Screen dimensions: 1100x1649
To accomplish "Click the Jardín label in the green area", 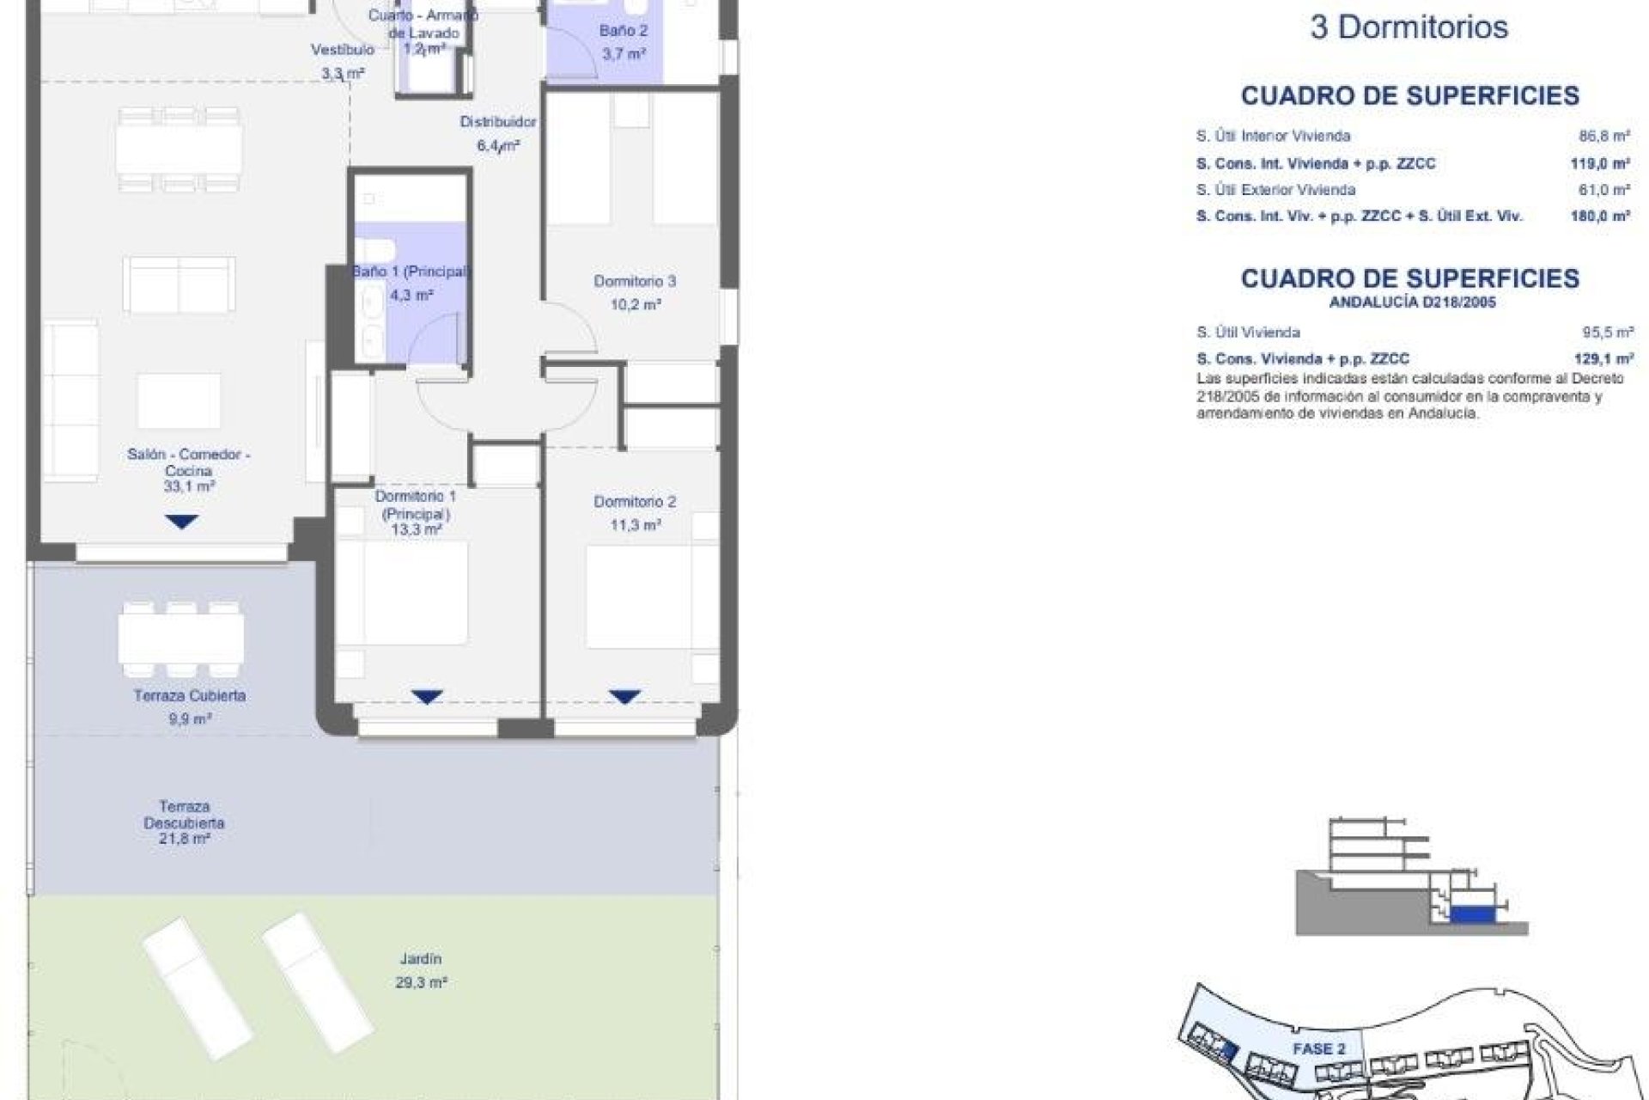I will (x=421, y=958).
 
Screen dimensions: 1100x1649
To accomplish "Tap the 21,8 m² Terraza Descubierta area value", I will (x=185, y=839).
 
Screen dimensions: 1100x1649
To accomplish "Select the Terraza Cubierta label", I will (x=189, y=695).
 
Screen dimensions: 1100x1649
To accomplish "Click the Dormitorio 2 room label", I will (x=635, y=501).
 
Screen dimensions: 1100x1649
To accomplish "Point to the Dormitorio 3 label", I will (x=635, y=281).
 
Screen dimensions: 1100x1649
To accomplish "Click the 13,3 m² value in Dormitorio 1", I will (x=417, y=530).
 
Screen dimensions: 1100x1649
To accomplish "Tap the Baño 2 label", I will (x=624, y=31).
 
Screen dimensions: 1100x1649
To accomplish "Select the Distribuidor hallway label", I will (x=498, y=122).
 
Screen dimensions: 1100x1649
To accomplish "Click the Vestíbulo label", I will (x=343, y=50).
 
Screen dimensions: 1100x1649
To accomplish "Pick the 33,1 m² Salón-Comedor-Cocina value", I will (x=189, y=486).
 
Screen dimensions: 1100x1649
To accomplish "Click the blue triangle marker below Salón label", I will (x=181, y=522).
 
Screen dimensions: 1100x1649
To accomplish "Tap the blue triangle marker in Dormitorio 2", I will (x=624, y=696).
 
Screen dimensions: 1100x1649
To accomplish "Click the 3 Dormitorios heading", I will (x=1409, y=27).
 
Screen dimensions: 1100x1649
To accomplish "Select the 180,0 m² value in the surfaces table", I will (x=1600, y=217).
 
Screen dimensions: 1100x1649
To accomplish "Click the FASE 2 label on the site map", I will (x=1319, y=1048).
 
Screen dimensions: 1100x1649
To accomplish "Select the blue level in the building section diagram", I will (x=1468, y=917).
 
